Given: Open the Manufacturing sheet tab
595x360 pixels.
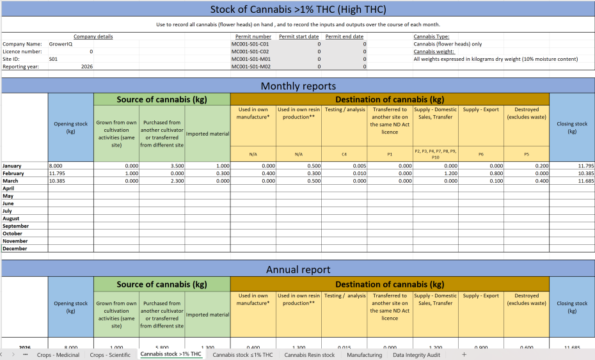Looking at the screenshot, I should [364, 355].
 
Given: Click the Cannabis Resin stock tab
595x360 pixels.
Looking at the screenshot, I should [310, 355].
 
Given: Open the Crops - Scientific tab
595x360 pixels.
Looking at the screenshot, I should [110, 355].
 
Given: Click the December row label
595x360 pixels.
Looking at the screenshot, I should [15, 249].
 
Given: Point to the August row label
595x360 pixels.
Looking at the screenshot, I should [12, 219].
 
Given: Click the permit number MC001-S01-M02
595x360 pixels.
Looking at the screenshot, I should [250, 67].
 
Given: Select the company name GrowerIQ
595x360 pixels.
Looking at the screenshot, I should [61, 44].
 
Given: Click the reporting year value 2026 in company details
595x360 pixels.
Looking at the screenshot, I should [87, 67].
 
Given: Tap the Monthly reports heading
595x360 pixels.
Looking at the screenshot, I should [297, 86].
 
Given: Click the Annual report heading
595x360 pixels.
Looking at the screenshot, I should [297, 269].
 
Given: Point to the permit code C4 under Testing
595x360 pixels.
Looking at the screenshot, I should [344, 154].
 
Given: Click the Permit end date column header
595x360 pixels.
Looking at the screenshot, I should [344, 36].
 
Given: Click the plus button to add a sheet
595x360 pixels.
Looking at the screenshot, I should [464, 355].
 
